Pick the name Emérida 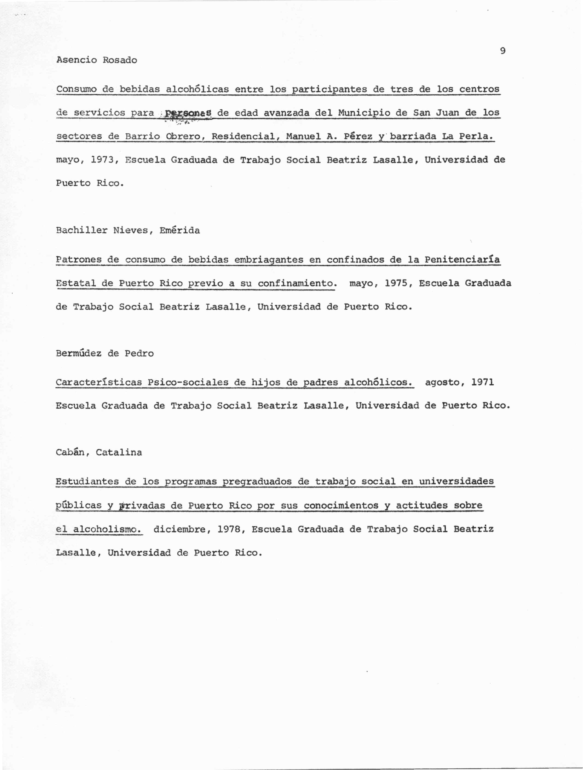coord(180,231)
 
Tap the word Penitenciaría coord(462,260)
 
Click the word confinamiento coord(297,283)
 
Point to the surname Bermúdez coord(79,354)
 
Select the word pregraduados coord(257,482)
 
